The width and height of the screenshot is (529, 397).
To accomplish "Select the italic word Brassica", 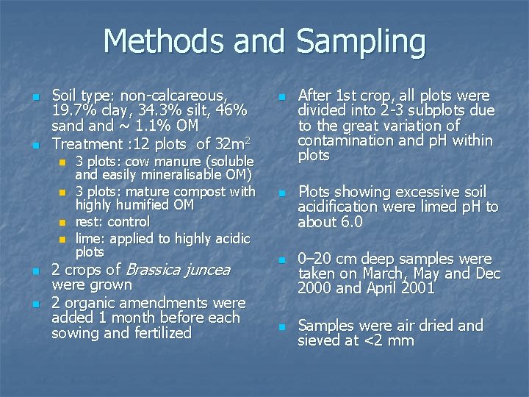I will click(x=159, y=270).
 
